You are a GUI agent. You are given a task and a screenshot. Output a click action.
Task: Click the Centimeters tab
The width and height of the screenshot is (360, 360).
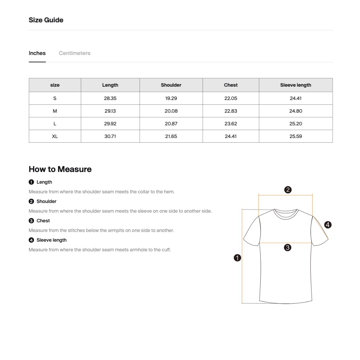point(74,53)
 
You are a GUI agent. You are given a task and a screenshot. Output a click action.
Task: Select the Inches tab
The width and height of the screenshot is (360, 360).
point(37,53)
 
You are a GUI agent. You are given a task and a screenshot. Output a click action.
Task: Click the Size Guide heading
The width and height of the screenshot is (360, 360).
point(46,20)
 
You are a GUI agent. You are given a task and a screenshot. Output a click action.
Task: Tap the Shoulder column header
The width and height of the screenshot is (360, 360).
point(171,85)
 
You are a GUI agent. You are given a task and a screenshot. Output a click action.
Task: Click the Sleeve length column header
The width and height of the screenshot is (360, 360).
point(295,85)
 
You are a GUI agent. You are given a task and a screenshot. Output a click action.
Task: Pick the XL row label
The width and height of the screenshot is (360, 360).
point(55,136)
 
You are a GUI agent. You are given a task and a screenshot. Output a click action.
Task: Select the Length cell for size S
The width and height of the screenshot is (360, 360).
point(110,98)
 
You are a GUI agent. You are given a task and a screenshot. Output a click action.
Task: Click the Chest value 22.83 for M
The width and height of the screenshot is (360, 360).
point(231,111)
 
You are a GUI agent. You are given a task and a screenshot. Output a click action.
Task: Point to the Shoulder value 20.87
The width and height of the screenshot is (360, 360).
point(171,124)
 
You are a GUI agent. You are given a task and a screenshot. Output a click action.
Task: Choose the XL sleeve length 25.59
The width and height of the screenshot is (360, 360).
point(295,136)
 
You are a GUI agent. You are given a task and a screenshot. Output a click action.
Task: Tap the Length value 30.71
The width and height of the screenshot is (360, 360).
point(110,136)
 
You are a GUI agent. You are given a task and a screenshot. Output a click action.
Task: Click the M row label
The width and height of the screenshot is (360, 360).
point(55,111)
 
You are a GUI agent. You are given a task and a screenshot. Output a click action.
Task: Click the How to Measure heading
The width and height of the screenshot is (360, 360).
point(60,169)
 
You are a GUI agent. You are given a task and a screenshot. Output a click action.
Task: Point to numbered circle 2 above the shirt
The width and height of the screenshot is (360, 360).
point(288,190)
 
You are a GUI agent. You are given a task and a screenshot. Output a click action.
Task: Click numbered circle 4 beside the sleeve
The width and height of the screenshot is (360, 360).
point(328,225)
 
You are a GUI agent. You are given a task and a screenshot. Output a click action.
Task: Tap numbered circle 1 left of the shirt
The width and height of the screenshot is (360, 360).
point(237,258)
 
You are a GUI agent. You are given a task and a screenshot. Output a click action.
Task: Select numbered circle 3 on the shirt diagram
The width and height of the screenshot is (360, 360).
point(287,248)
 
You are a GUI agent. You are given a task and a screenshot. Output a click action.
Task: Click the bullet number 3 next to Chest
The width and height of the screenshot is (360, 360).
point(31,221)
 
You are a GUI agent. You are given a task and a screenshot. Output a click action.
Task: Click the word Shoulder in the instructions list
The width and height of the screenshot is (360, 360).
point(46,201)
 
